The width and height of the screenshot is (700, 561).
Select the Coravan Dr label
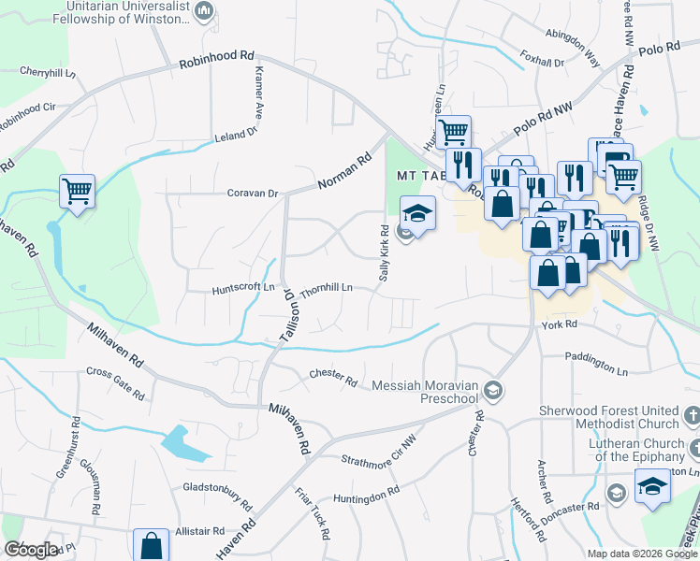click(x=253, y=194)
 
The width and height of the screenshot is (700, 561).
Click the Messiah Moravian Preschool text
click(x=426, y=391)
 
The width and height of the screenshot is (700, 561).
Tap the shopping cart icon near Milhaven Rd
click(x=78, y=192)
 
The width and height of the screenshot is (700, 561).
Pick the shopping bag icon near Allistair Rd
click(x=151, y=546)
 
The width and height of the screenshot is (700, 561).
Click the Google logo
click(x=31, y=550)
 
